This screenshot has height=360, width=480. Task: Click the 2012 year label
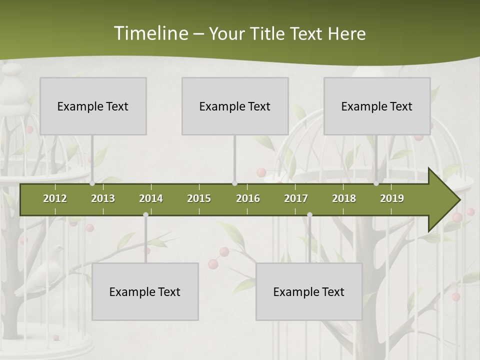(x=55, y=198)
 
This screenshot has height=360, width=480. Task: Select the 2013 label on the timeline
(x=103, y=198)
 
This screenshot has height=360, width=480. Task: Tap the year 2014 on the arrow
(x=151, y=198)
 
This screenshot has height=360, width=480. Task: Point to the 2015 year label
(x=199, y=198)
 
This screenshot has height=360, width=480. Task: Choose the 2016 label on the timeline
(x=248, y=198)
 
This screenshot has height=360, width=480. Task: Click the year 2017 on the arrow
(x=296, y=198)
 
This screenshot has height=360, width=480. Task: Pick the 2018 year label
(x=344, y=198)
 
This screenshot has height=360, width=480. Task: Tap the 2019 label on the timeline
(x=392, y=198)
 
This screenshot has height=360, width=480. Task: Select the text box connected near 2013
(x=93, y=106)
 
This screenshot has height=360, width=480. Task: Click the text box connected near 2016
(x=235, y=106)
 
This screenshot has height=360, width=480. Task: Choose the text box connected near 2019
(x=377, y=106)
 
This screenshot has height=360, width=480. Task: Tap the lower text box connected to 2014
(x=145, y=291)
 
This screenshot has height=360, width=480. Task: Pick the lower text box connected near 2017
(x=309, y=291)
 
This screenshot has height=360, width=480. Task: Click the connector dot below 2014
(x=145, y=214)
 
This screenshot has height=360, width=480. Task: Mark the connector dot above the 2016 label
(x=234, y=183)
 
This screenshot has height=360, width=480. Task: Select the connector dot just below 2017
(x=309, y=214)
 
